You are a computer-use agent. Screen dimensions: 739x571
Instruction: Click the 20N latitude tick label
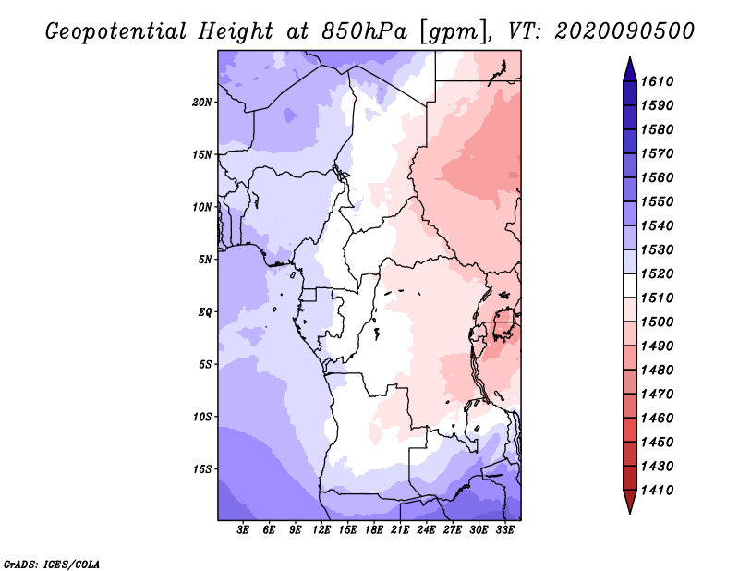202,103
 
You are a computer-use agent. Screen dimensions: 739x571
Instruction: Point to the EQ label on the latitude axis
204,312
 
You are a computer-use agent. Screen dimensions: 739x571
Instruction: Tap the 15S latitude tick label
202,469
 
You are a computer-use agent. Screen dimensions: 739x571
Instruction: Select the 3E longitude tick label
243,530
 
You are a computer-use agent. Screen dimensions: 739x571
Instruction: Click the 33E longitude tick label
504,530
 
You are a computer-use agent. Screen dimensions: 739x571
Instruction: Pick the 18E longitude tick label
374,530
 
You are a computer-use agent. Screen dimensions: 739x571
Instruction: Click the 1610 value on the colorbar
657,81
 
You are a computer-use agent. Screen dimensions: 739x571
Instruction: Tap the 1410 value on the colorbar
657,491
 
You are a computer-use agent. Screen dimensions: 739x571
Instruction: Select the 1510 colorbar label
657,298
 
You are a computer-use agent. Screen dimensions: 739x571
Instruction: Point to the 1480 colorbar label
657,371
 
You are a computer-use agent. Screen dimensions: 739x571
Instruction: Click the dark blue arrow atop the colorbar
630,70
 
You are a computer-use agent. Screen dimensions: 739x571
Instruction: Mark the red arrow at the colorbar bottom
630,501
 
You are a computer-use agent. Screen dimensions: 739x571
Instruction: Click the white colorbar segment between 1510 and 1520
630,285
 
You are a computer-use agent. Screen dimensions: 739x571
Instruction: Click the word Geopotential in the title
116,32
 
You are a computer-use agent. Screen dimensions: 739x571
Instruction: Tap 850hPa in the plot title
364,31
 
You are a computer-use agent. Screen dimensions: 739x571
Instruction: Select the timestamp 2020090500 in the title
624,31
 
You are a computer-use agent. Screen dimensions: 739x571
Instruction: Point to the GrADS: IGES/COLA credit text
52,565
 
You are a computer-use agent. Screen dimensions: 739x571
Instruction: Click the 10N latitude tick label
202,208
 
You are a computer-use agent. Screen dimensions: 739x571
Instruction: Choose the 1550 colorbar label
657,201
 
